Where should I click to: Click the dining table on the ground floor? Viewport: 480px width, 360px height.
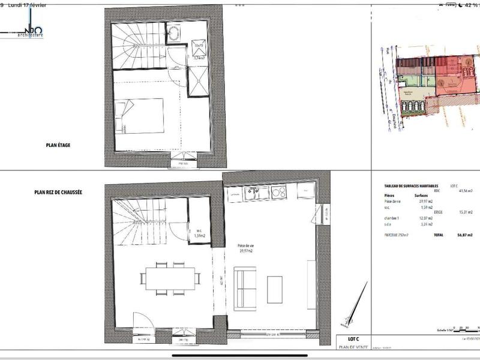(171, 277)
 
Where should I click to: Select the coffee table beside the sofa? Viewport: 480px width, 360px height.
(275, 288)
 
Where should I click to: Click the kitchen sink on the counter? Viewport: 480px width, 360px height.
(252, 193)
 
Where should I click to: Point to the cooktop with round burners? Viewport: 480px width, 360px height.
(278, 193)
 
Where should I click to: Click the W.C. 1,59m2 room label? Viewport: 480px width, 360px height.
(199, 233)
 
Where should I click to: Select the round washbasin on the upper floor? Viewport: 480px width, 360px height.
(175, 34)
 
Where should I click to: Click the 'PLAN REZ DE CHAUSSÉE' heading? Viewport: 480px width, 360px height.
(58, 192)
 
